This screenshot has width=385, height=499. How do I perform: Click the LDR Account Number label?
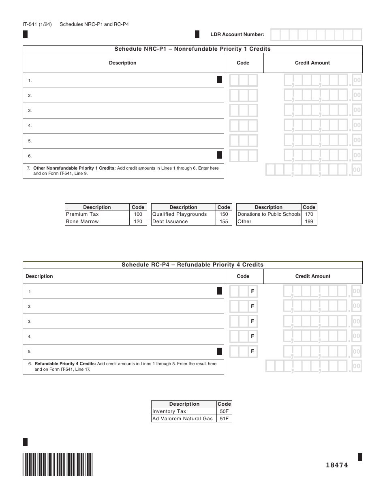pos(237,35)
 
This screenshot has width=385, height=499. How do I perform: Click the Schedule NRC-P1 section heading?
pos(192,49)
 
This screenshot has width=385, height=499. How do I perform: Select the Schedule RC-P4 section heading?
pos(192,265)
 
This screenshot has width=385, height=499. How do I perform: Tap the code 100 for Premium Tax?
pos(138,214)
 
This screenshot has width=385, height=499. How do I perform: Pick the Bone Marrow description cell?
pos(97,222)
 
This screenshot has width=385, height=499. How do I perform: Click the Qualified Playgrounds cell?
pos(183,214)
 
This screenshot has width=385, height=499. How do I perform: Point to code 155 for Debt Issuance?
pos(224,222)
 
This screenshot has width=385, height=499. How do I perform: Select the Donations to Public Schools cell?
pos(269,214)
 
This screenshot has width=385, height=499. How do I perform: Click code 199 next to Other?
pos(309,222)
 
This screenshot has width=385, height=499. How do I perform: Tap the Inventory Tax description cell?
pos(184,411)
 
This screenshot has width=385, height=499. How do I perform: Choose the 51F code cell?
pos(224,419)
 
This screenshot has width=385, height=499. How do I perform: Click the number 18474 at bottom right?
pos(337,465)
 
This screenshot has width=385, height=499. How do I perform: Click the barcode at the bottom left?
pos(58,464)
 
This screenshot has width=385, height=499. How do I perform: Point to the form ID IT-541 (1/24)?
pos(37,24)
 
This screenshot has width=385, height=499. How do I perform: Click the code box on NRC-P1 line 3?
pos(243,110)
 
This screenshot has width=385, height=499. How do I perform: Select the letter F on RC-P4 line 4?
pos(252,336)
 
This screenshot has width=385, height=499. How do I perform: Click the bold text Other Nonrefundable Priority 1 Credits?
pos(74,168)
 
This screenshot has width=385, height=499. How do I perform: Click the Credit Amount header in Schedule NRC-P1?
pos(312,63)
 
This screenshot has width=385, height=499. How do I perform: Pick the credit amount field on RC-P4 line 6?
pos(312,366)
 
